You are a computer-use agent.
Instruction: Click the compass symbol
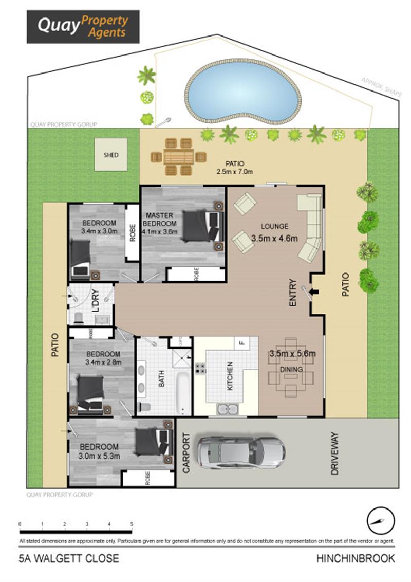click(381, 521)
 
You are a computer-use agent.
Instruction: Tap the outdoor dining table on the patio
click(178, 156)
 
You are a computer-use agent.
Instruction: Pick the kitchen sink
click(228, 409)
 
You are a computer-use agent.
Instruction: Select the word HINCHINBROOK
click(356, 558)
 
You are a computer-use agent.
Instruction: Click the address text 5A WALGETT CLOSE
click(68, 558)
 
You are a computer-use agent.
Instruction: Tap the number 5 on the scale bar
click(132, 524)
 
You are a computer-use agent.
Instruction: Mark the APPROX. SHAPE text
click(380, 86)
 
